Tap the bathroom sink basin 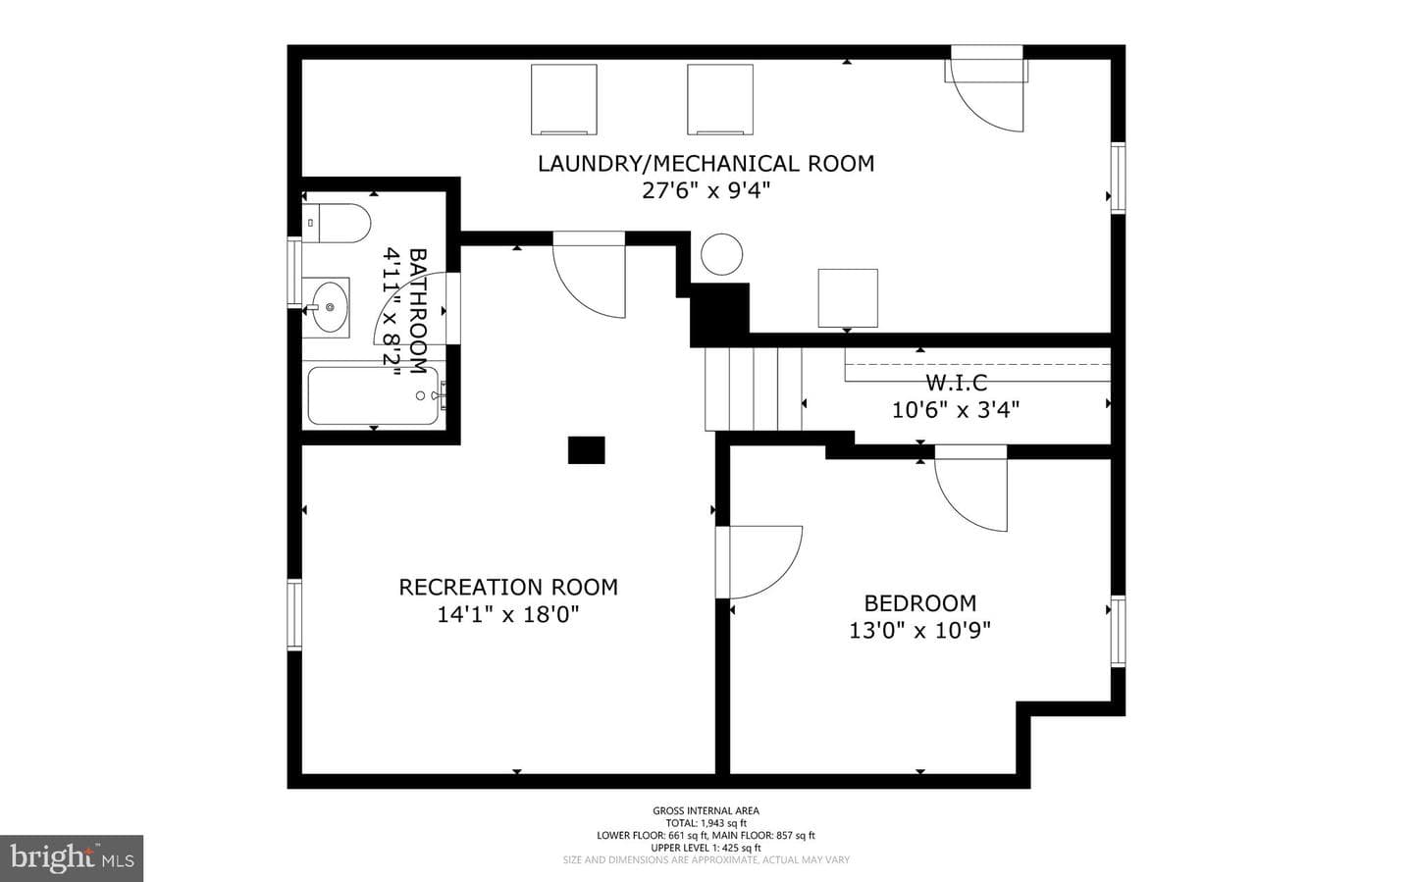tap(330, 307)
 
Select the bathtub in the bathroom tap(373, 395)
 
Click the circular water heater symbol tap(721, 254)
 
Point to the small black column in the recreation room tap(586, 450)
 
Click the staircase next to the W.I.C tap(754, 389)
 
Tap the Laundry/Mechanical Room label tap(706, 164)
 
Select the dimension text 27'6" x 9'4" tap(706, 190)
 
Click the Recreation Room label tap(508, 588)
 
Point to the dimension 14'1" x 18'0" tap(508, 614)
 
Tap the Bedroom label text tap(919, 603)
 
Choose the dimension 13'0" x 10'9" tap(919, 630)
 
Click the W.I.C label tap(957, 383)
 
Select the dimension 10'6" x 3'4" tap(956, 410)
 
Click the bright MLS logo tap(72, 858)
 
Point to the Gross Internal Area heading tap(706, 810)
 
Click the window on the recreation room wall tap(294, 614)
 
